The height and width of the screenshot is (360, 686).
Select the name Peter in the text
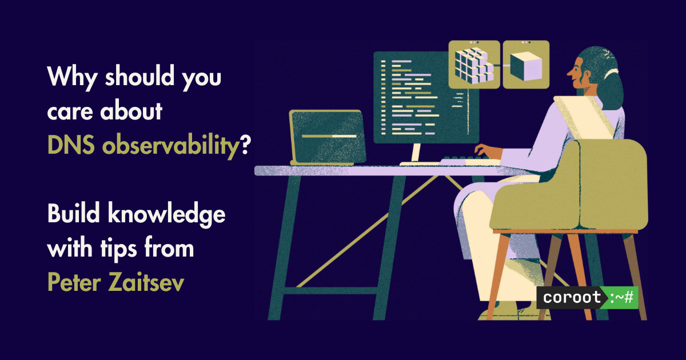coord(74,282)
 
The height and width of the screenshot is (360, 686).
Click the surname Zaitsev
coord(146,282)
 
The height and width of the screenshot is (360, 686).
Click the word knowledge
coord(166,215)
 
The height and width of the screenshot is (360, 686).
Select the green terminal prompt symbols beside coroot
coord(621,298)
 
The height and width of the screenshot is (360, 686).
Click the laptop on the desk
coord(327,138)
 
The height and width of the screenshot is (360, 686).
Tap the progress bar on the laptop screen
coord(329,136)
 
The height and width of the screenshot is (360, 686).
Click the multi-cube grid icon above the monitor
coord(474,65)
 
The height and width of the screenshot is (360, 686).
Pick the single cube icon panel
coord(526,65)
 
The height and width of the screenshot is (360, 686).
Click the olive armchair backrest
coord(613,183)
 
